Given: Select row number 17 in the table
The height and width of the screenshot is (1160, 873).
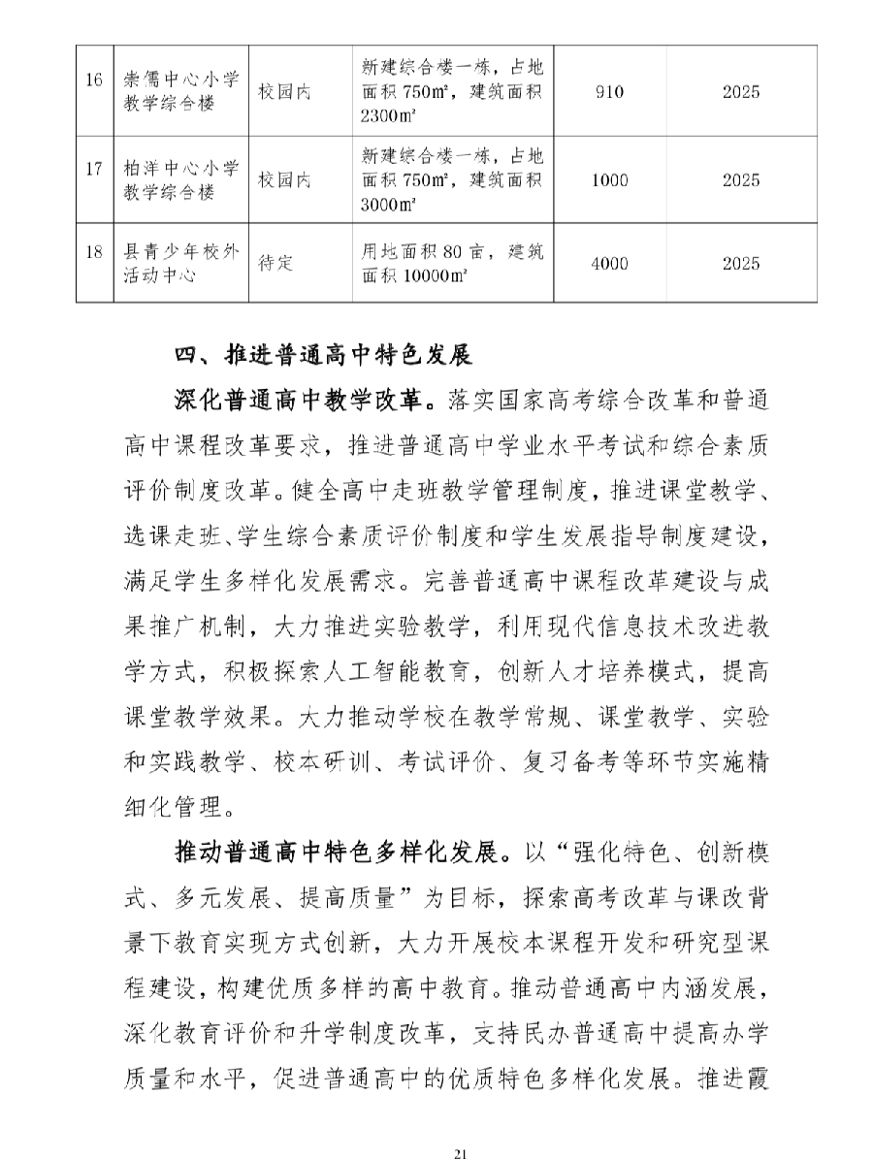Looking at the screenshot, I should (94, 179).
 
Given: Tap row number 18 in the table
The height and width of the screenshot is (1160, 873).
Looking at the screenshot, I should (94, 263).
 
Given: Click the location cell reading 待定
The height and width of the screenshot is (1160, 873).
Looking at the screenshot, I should (275, 263).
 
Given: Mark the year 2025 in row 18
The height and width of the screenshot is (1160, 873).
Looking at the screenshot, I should (741, 263).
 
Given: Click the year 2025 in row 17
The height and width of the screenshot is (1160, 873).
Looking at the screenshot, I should (741, 179).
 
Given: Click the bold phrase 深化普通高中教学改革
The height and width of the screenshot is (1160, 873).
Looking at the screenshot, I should (298, 398).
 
